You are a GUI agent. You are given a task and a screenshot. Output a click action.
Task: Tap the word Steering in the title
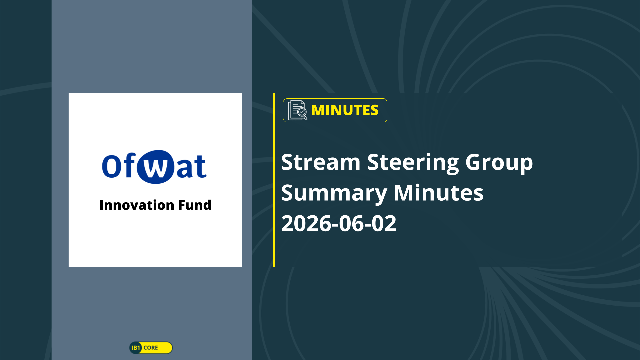(413, 163)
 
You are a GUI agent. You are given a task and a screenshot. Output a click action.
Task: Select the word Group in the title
(499, 163)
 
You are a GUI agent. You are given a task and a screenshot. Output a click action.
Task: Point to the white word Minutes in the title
(439, 193)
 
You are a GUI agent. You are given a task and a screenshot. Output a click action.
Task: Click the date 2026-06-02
(339, 223)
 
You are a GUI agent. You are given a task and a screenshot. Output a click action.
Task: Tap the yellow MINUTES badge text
(345, 110)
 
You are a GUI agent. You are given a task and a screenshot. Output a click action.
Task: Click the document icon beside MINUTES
(297, 110)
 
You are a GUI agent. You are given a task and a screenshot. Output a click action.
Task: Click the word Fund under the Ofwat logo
(195, 205)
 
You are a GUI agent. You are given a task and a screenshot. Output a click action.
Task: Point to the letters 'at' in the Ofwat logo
(191, 166)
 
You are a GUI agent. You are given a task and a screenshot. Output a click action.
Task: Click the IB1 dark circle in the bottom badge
(136, 348)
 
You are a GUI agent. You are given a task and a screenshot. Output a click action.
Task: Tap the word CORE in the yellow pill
(151, 348)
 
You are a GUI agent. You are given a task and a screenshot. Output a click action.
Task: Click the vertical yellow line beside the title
(274, 180)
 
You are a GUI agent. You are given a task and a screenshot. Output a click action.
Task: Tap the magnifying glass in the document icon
(302, 113)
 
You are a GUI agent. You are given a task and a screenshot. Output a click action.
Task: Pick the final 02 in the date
(384, 223)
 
